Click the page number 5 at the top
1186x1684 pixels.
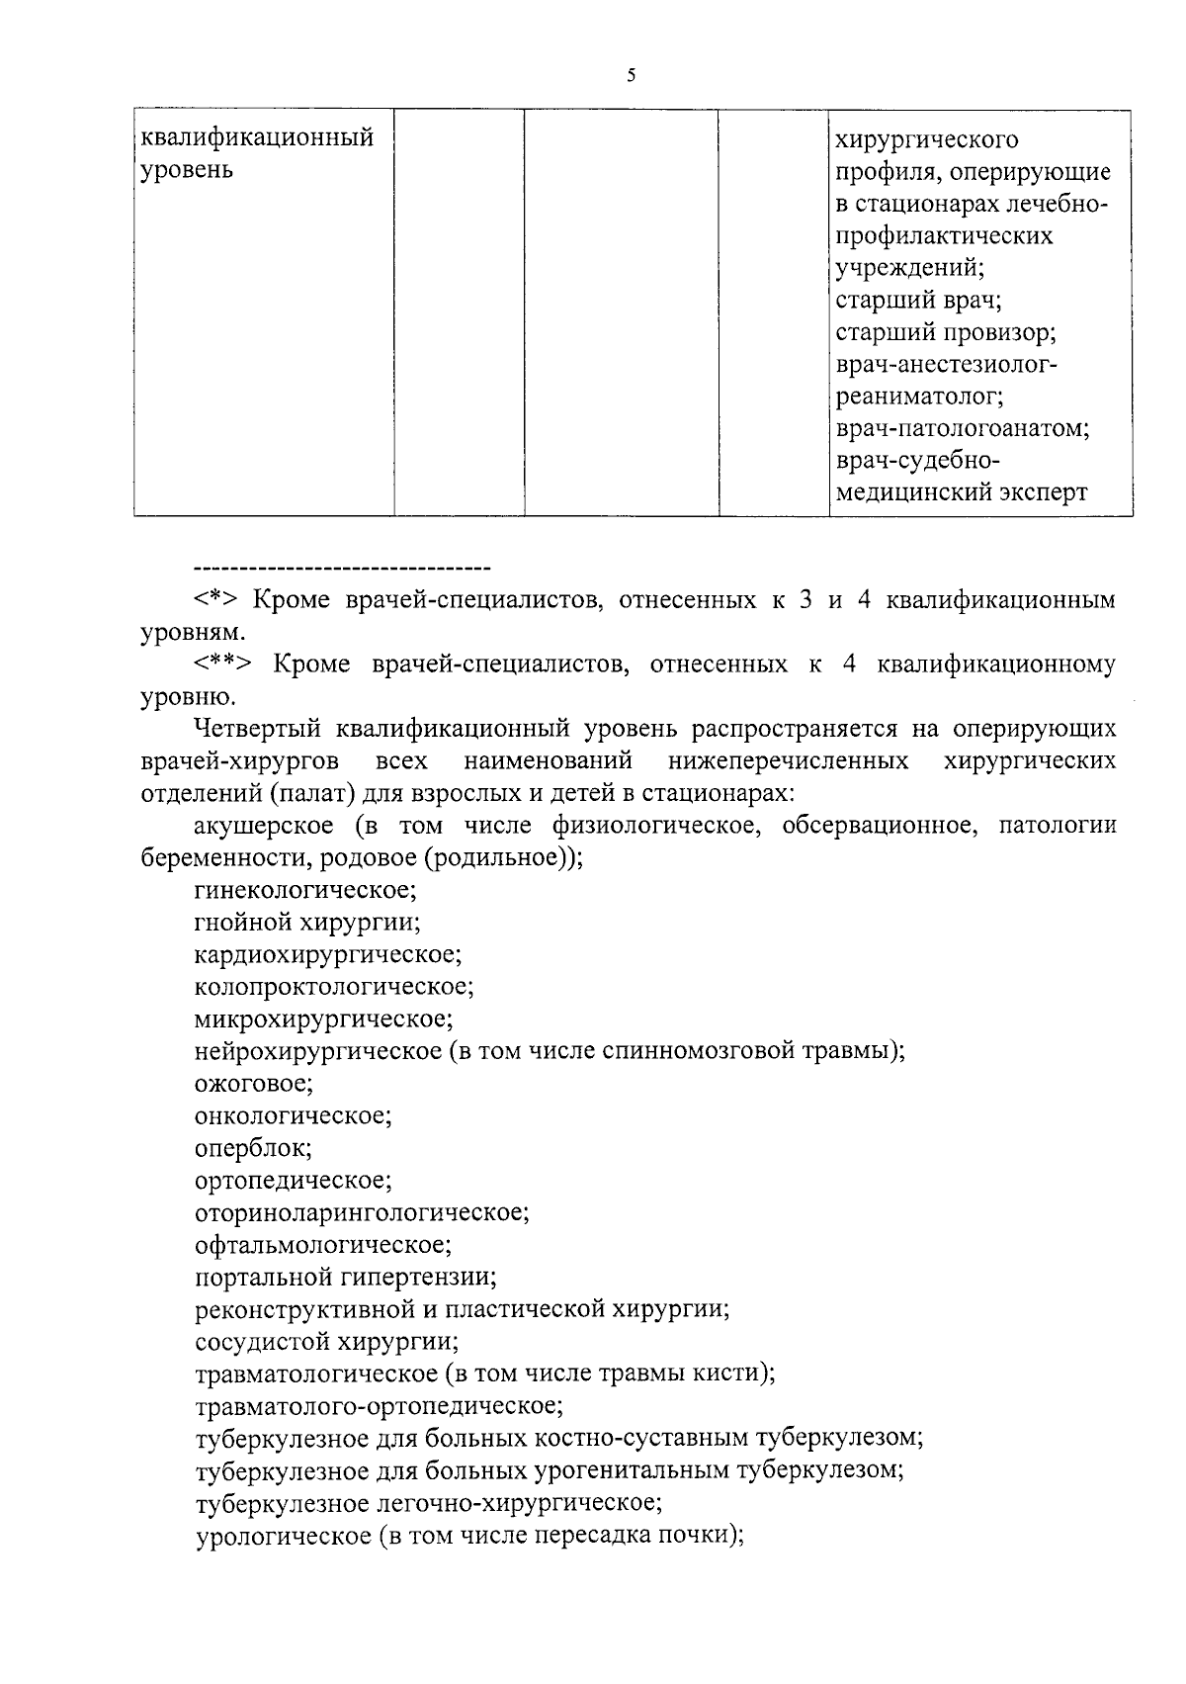[x=630, y=75]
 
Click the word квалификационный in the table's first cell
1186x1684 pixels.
[x=257, y=136]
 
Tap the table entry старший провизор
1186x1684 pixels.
[x=946, y=332]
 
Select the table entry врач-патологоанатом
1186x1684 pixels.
[x=962, y=429]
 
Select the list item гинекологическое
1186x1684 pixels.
[x=305, y=890]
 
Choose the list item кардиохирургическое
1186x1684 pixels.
[x=328, y=955]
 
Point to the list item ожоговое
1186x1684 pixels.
[x=254, y=1084]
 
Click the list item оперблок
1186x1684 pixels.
[x=253, y=1148]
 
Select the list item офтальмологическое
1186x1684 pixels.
[x=323, y=1244]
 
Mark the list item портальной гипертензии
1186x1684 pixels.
[x=345, y=1277]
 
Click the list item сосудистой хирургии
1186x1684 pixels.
[x=326, y=1342]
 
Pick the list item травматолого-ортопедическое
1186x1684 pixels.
[x=379, y=1405]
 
